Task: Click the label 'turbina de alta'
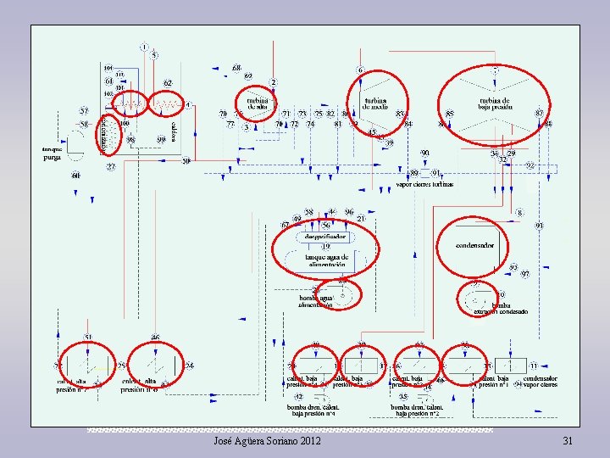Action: pos(257,103)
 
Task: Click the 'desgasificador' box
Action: pos(324,236)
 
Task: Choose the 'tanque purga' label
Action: pos(53,153)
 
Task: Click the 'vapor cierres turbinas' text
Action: pos(424,184)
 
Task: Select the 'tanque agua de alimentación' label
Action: pos(325,260)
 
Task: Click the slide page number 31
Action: pos(568,441)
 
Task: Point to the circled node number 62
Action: pos(168,83)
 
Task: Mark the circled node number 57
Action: pos(85,111)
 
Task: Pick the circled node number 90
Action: pos(425,154)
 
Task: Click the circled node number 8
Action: pos(519,213)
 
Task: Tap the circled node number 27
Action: pos(111,167)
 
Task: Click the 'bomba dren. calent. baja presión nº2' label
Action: pos(416,411)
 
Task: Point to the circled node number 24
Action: pos(190,366)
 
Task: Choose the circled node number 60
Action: pos(75,176)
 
